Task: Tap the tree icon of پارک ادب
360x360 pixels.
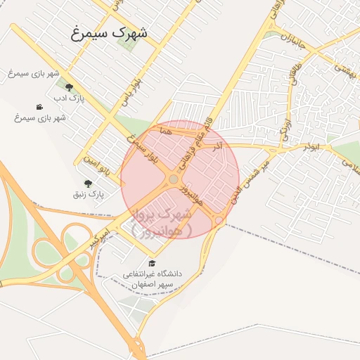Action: pyautogui.click(x=68, y=87)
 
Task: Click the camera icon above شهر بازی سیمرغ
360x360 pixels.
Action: pyautogui.click(x=39, y=107)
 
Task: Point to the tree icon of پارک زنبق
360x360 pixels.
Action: pyautogui.click(x=88, y=183)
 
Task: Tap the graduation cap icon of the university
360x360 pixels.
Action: pyautogui.click(x=152, y=263)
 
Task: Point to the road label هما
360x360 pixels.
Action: pyautogui.click(x=166, y=131)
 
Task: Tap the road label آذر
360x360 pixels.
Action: pyautogui.click(x=217, y=145)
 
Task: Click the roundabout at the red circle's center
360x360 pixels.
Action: pyautogui.click(x=173, y=180)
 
